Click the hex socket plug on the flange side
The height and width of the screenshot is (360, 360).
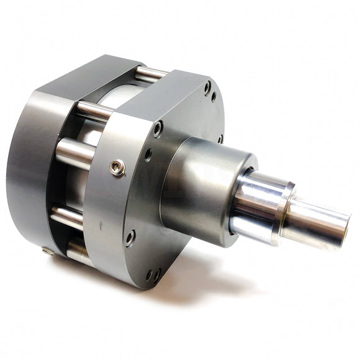[117, 167]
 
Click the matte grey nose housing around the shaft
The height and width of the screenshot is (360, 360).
[199, 186]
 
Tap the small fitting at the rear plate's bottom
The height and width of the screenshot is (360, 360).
[48, 251]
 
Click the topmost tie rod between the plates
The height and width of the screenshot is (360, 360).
[151, 74]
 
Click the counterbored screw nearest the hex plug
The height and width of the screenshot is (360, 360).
[158, 128]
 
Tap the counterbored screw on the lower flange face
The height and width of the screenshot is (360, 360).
[130, 237]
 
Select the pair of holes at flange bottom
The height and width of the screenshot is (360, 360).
[153, 274]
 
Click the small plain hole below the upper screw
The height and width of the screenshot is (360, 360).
[148, 153]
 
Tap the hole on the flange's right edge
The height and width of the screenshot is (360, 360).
[220, 138]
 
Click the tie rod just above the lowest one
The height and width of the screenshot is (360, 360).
[67, 217]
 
